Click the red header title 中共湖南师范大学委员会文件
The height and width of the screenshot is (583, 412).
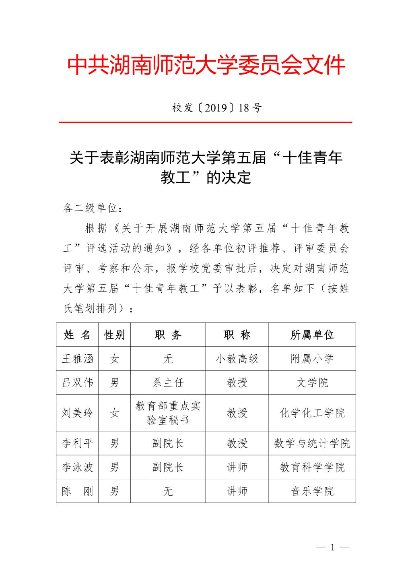(x=206, y=65)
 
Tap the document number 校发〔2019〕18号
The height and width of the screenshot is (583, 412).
(x=217, y=108)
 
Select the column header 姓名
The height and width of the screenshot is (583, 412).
(x=77, y=335)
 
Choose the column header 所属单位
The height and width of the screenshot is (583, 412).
(x=312, y=335)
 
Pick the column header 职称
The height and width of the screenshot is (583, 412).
(x=237, y=335)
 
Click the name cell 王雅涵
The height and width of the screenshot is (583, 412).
(x=77, y=358)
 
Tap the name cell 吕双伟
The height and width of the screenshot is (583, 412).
(x=77, y=382)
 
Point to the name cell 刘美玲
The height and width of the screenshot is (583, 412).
(x=77, y=413)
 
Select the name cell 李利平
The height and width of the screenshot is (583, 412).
(x=77, y=443)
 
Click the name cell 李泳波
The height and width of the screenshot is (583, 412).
(x=77, y=467)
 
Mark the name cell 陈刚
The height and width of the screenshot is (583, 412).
(x=77, y=491)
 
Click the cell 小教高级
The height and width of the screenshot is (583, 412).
(x=237, y=358)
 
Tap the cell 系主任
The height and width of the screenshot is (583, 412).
(x=168, y=382)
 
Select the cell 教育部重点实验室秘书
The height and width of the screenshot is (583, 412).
(x=168, y=413)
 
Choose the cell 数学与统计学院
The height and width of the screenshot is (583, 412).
(x=312, y=443)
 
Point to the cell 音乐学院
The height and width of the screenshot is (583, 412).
(x=312, y=491)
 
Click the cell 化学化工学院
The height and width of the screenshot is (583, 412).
(x=312, y=413)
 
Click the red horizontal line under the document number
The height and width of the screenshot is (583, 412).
(x=206, y=122)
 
